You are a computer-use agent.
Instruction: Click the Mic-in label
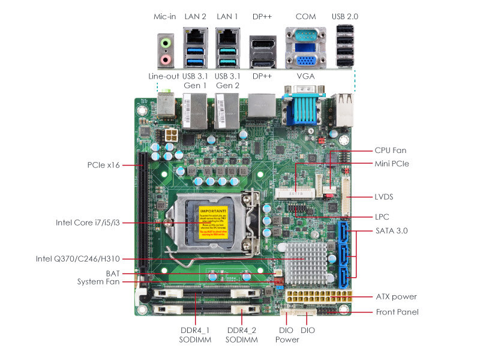click(x=164, y=16)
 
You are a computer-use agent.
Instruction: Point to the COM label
click(x=305, y=16)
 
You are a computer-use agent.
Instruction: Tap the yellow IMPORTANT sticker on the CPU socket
click(x=214, y=223)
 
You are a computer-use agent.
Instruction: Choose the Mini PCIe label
click(x=392, y=163)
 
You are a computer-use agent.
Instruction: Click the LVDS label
click(x=387, y=196)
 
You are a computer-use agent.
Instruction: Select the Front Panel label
click(x=397, y=312)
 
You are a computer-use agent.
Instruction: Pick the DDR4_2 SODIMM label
click(x=242, y=335)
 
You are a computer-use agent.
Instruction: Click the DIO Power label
click(x=287, y=335)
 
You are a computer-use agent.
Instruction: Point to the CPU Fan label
click(x=391, y=151)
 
